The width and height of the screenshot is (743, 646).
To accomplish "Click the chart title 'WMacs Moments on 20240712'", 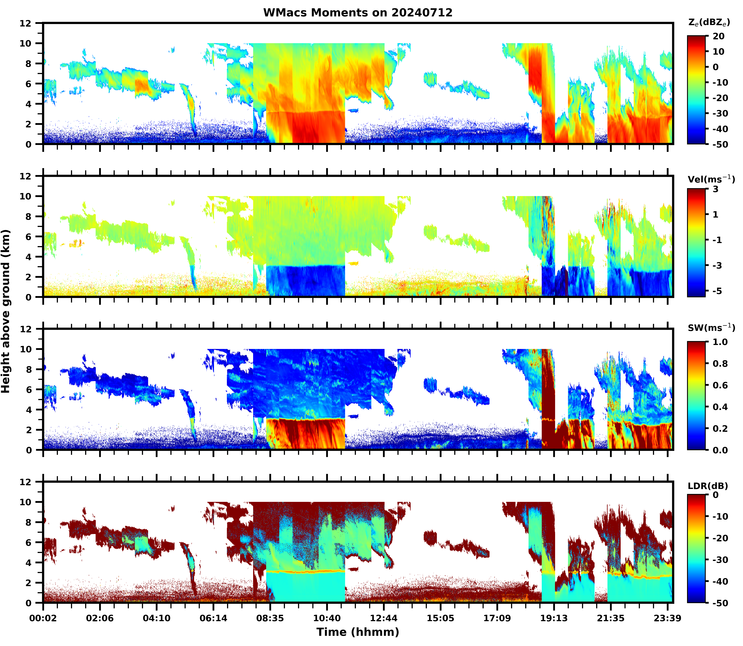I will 358,13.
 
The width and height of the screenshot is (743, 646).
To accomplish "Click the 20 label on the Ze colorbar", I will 718,36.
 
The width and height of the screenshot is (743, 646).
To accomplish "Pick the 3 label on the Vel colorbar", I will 715,189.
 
